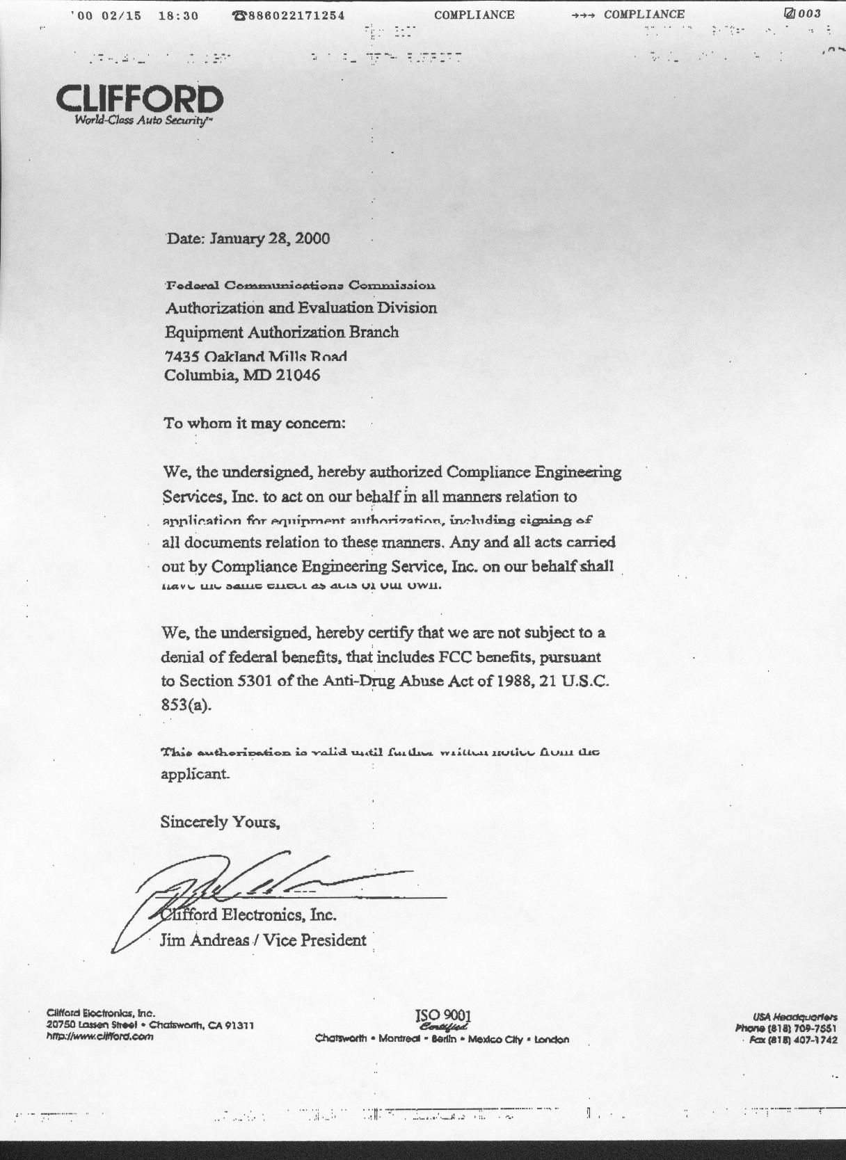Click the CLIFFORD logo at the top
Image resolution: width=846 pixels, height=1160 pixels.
139,102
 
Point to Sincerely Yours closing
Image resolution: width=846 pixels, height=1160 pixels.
220,822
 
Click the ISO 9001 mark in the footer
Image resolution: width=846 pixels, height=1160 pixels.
443,1016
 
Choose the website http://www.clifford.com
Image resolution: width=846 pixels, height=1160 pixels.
99,1036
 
